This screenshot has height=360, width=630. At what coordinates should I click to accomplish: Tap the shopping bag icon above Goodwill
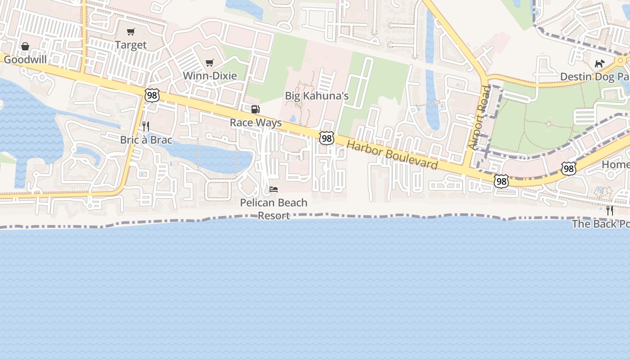click(25, 46)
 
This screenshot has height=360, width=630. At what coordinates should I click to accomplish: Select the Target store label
click(130, 45)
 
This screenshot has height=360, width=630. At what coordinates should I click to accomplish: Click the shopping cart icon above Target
click(130, 31)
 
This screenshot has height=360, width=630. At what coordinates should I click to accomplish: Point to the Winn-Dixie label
click(210, 76)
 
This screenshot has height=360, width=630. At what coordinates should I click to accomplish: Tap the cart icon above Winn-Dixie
click(210, 63)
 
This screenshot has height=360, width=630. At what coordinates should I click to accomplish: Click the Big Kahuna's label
click(317, 96)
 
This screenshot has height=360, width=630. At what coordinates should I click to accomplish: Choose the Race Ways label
click(256, 122)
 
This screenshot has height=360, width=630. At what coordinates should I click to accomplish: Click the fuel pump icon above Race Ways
click(255, 109)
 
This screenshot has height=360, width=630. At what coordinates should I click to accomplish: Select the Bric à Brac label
click(146, 139)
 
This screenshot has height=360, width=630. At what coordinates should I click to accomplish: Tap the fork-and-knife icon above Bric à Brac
click(145, 126)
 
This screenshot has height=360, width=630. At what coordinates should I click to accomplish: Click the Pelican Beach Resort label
click(274, 209)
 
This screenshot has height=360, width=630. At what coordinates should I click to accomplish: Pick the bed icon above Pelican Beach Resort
click(274, 189)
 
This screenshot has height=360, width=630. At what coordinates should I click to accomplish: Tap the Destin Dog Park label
click(594, 76)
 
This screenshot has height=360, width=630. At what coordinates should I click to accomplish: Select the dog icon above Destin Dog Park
click(599, 63)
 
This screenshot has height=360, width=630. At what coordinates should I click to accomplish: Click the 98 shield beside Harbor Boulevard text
click(327, 139)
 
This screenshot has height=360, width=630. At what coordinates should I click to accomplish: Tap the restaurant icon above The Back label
click(609, 210)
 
